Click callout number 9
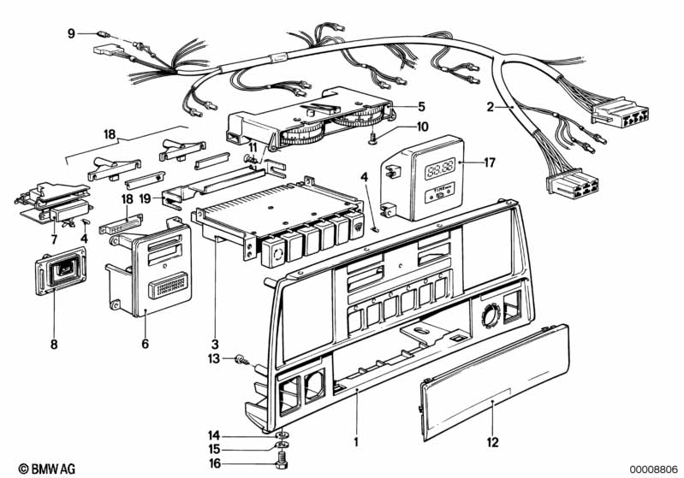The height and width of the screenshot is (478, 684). pos(72,33)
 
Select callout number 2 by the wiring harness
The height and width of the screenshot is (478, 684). pos(491,107)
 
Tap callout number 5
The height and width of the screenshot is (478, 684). pos(420,107)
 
